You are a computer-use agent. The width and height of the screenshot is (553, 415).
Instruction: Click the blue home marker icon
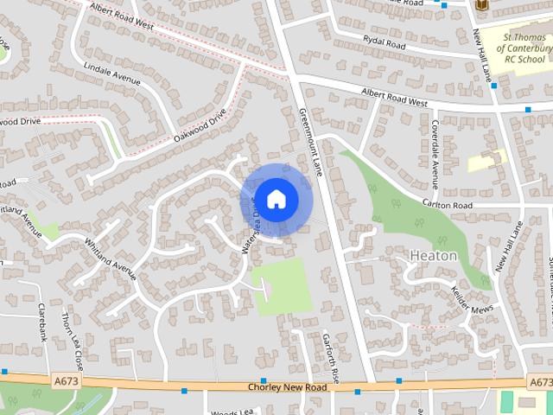click(x=276, y=199)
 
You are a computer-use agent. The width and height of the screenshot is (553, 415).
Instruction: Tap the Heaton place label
click(x=433, y=256)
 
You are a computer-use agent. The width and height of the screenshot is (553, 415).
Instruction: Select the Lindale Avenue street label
click(x=111, y=73)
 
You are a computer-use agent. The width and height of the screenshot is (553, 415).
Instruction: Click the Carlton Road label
click(x=447, y=205)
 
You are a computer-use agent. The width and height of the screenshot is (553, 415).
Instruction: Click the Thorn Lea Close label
click(x=73, y=339)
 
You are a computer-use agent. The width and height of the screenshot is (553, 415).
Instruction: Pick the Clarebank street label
click(x=41, y=322)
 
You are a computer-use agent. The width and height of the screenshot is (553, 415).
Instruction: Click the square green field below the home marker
click(x=283, y=285)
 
